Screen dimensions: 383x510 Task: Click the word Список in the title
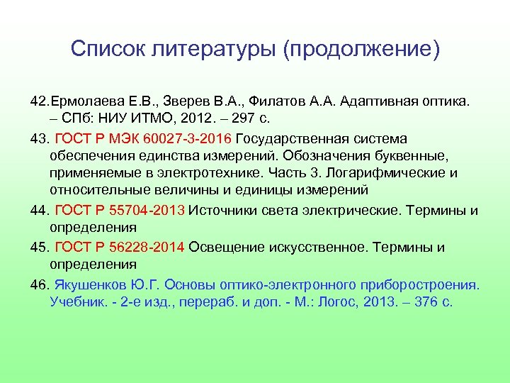pyautogui.click(x=105, y=49)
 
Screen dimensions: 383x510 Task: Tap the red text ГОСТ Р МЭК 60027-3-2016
pyautogui.click(x=143, y=137)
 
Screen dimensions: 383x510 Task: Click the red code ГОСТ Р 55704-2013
pyautogui.click(x=120, y=210)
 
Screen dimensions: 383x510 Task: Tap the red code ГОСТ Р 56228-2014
pyautogui.click(x=120, y=247)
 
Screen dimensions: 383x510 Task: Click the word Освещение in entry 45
pyautogui.click(x=227, y=247)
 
